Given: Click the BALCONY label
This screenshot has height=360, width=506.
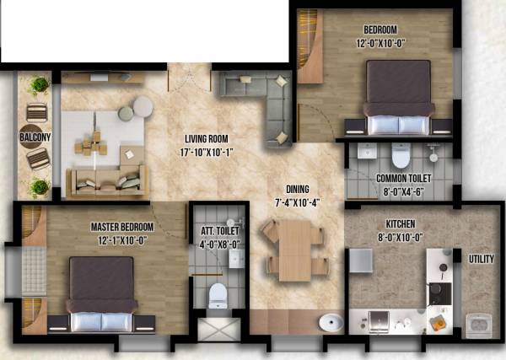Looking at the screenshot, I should (35, 136).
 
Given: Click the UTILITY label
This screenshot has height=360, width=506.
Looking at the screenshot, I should (482, 259).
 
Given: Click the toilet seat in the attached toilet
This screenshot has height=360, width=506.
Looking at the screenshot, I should (218, 294).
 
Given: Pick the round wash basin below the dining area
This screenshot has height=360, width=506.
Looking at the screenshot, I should (331, 323).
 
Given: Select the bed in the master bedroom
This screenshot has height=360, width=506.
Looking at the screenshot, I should (101, 295).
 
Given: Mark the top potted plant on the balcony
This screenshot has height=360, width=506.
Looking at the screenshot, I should (38, 85).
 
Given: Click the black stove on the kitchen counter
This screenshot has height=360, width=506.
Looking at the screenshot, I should (440, 293).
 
